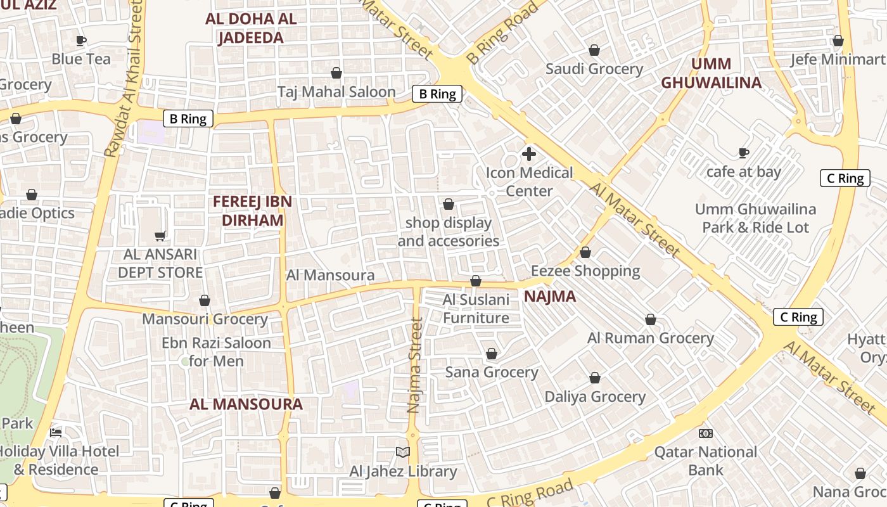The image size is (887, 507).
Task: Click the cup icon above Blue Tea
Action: (x=81, y=41)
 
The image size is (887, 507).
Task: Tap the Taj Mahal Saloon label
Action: (x=336, y=92)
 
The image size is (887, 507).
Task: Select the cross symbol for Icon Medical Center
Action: (x=528, y=153)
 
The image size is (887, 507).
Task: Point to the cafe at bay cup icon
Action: (x=744, y=153)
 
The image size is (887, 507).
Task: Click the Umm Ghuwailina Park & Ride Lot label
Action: (x=755, y=218)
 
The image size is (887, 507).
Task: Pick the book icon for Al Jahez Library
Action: (x=402, y=452)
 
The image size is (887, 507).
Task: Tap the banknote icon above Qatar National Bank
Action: (x=706, y=433)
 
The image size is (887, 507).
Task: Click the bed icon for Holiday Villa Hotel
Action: (x=56, y=433)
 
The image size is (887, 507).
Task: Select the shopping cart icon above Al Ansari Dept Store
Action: (x=160, y=236)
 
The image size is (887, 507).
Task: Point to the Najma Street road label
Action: (x=415, y=366)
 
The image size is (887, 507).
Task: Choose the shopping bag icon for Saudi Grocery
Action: (x=594, y=50)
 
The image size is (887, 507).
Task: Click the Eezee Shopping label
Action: (x=585, y=271)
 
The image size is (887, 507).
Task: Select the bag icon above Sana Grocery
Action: (x=492, y=354)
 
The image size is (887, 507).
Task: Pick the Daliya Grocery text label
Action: (x=595, y=397)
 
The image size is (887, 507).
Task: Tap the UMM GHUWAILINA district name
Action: (x=711, y=73)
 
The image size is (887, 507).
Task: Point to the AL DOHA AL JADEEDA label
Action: (x=251, y=28)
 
